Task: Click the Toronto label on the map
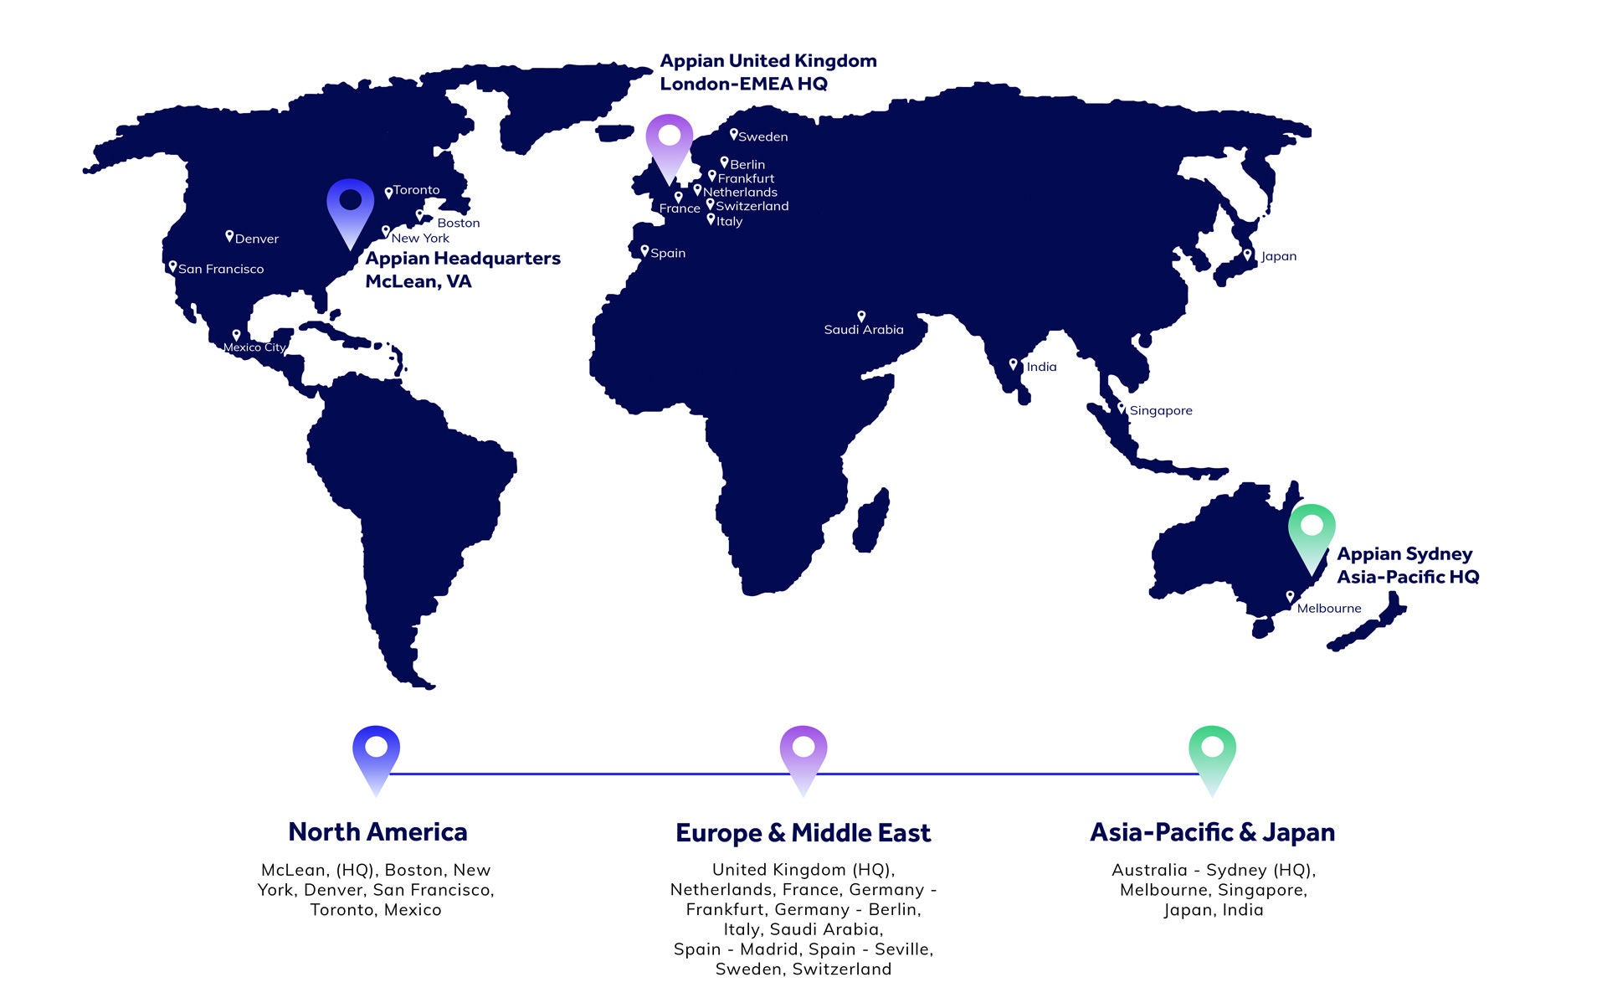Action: tap(416, 190)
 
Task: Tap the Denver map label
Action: tap(256, 239)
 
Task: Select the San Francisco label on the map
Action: tap(220, 269)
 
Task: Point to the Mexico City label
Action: tap(254, 347)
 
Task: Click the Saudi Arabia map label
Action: tap(864, 330)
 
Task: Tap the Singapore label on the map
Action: tap(1160, 410)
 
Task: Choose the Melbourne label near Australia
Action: tap(1328, 609)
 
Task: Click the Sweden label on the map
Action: tap(762, 136)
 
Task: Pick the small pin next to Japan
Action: tap(1247, 255)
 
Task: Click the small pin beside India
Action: tap(1013, 365)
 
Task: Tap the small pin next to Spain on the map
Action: tap(644, 251)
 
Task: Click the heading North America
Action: tap(377, 832)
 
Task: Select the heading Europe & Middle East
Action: tap(803, 833)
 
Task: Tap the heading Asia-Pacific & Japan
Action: tap(1212, 832)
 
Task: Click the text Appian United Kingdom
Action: tap(768, 61)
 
